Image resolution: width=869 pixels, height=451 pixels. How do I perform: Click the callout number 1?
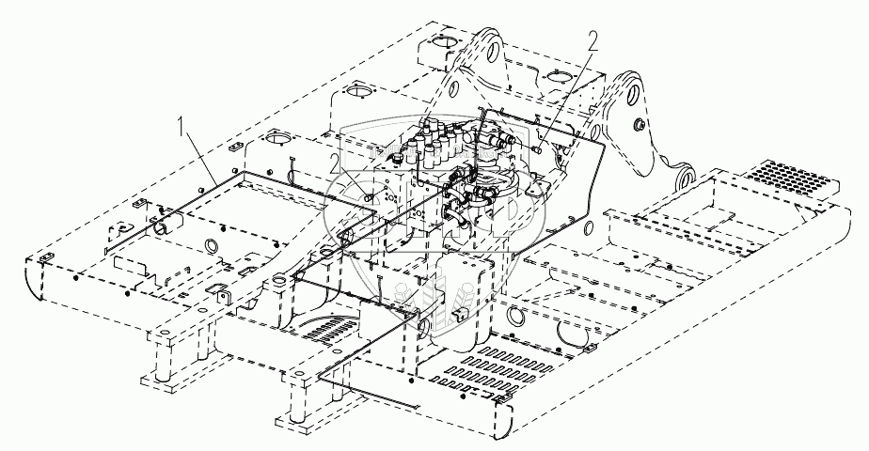(179, 123)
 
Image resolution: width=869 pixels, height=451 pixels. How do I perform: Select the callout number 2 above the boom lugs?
(592, 39)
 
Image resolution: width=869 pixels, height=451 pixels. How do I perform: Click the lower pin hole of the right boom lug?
(685, 175)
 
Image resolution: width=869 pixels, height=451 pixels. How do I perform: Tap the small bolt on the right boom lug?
(639, 125)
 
